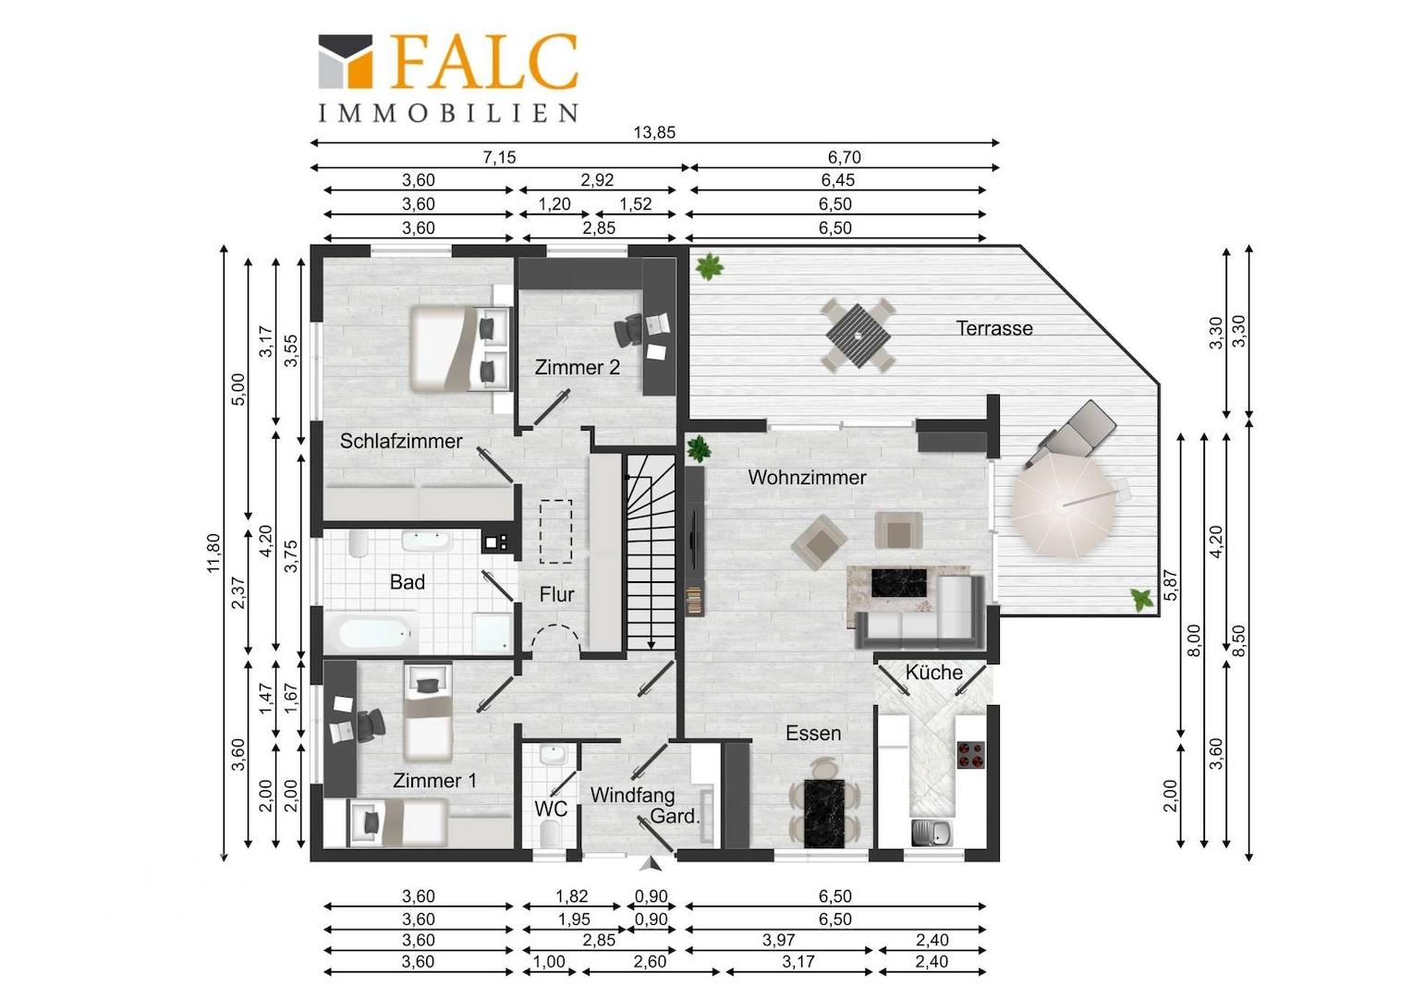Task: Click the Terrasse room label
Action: pos(994,328)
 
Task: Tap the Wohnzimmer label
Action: pos(807,477)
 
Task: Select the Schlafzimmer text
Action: pos(401,441)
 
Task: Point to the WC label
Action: pos(551,809)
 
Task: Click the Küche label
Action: pos(933,672)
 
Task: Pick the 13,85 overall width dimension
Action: pos(654,132)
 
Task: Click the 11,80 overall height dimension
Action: pos(214,553)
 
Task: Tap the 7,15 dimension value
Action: pos(499,157)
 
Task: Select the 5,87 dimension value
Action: pos(1171,585)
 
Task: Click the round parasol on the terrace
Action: pos(1064,505)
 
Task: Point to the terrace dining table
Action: pos(858,336)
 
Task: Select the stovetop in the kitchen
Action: pos(970,754)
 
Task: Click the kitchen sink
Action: pos(932,833)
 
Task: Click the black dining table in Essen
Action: pos(824,813)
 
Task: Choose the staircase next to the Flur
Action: pos(651,553)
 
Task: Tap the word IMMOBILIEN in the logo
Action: pos(447,113)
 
